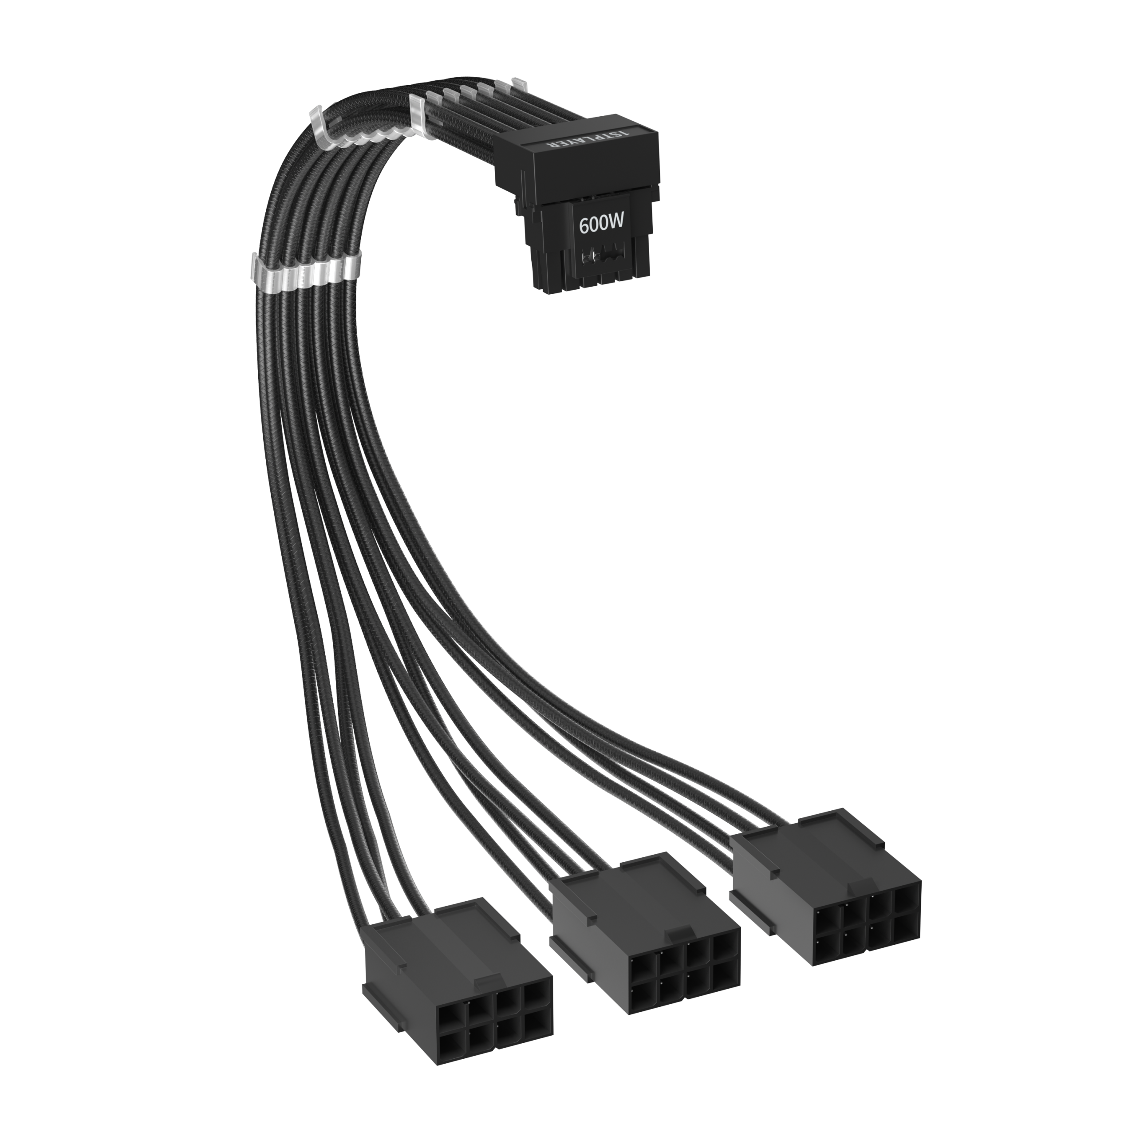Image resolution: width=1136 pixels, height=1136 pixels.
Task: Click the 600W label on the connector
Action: [601, 224]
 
